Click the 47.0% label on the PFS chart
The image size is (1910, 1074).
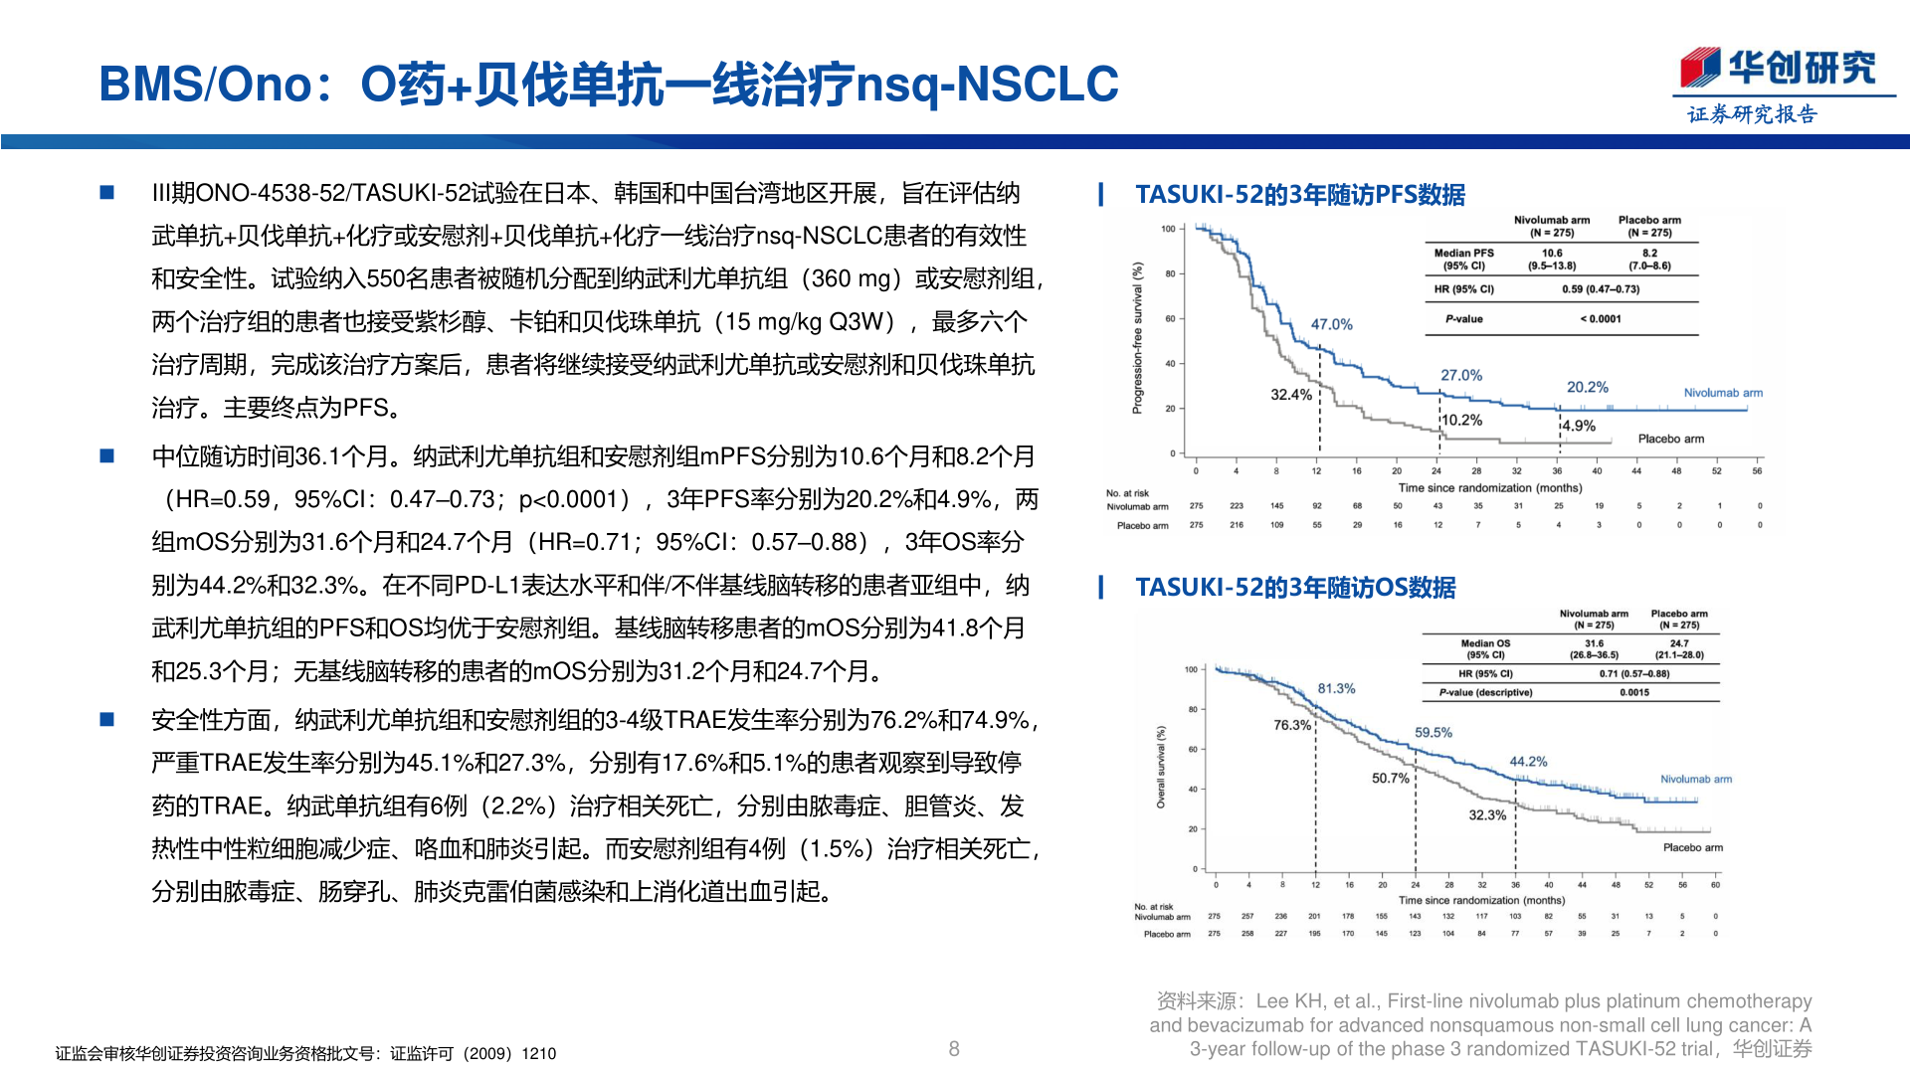point(1331,324)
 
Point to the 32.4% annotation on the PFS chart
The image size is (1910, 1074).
point(1290,395)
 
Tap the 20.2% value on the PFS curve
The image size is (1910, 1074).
point(1587,387)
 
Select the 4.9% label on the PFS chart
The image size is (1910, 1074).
point(1579,426)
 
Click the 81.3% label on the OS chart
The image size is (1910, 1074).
point(1336,688)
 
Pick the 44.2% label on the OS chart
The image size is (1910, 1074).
point(1528,762)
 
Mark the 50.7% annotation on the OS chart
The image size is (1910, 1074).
point(1390,778)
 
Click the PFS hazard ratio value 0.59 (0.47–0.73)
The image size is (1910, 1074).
point(1600,289)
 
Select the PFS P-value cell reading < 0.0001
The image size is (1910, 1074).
point(1600,319)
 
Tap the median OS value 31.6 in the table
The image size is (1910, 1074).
point(1594,643)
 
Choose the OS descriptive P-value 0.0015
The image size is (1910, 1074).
point(1633,692)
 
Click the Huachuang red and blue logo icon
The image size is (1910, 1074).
point(1699,69)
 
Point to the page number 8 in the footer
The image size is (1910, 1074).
point(954,1048)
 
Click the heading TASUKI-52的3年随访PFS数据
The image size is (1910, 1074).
point(1299,195)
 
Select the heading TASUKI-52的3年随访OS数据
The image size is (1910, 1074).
point(1294,588)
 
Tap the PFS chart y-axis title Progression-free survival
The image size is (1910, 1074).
point(1138,338)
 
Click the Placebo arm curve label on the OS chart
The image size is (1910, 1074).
point(1692,847)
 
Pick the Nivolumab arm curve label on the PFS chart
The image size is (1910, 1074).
point(1722,393)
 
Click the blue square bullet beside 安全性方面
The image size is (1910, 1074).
point(107,719)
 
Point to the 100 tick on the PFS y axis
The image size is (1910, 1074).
point(1168,229)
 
